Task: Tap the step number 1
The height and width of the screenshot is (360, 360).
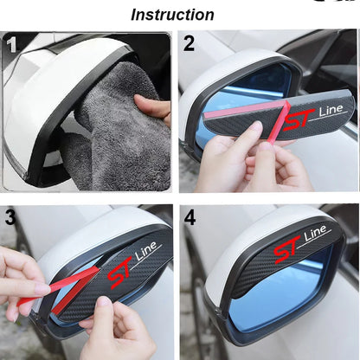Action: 11,44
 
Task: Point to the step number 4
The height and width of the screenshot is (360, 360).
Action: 190,217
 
